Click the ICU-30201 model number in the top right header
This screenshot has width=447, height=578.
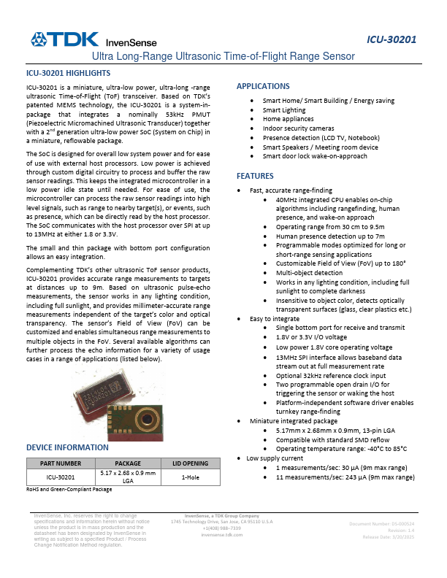(x=391, y=39)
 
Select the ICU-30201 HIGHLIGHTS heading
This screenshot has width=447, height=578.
(x=68, y=74)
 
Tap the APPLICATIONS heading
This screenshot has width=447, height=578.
(x=263, y=86)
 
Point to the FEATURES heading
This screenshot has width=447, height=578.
(x=255, y=176)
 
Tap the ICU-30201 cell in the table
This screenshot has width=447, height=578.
(x=61, y=477)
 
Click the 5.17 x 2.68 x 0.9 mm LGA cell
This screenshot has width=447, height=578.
(x=128, y=477)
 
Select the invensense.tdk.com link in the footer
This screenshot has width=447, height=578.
(x=221, y=535)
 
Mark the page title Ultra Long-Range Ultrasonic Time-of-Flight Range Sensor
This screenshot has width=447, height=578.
(x=223, y=56)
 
